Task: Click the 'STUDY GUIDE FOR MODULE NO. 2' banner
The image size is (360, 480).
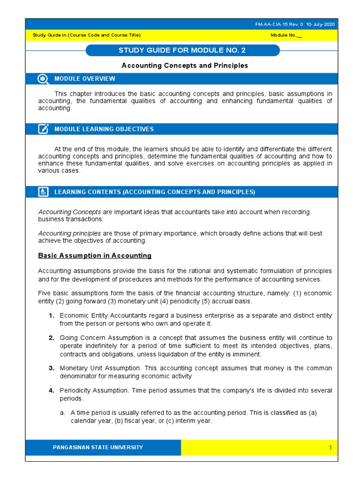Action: pyautogui.click(x=182, y=51)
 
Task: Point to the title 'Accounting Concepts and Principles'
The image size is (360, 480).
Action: pyautogui.click(x=185, y=66)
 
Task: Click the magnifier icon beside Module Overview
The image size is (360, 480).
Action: pyautogui.click(x=43, y=79)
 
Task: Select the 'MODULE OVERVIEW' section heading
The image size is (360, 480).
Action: pyautogui.click(x=84, y=79)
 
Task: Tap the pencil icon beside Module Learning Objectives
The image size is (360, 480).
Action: pyautogui.click(x=43, y=129)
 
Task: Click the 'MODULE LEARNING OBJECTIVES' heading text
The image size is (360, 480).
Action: pyautogui.click(x=104, y=129)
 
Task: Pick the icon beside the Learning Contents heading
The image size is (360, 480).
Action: pyautogui.click(x=43, y=192)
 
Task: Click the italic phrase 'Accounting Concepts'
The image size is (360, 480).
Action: pyautogui.click(x=69, y=212)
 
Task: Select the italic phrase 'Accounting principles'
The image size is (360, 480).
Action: pyautogui.click(x=70, y=233)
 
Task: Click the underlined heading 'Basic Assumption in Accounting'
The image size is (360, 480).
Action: pyautogui.click(x=95, y=256)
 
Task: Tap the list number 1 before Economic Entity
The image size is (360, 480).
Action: pyautogui.click(x=51, y=316)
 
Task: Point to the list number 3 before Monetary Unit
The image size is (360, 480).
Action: pyautogui.click(x=51, y=368)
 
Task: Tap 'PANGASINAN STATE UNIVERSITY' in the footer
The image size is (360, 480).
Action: pyautogui.click(x=98, y=448)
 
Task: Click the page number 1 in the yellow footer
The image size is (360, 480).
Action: pyautogui.click(x=330, y=448)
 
